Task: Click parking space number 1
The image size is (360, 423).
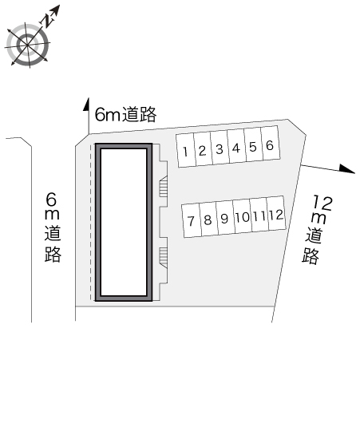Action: point(186,151)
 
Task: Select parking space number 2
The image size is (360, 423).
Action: point(203,149)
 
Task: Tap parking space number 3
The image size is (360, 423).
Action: point(220,148)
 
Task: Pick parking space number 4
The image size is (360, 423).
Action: point(236,147)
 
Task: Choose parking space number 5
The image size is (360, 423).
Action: point(253,146)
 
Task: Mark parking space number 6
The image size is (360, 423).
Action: point(270,144)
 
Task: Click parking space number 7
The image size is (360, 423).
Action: point(192,220)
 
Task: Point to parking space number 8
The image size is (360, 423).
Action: point(208,219)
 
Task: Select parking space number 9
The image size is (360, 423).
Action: point(225,218)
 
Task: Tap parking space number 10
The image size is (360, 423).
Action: point(242,216)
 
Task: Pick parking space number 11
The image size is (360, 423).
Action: point(259,215)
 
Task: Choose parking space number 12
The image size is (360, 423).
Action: point(276,214)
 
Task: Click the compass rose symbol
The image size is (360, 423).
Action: point(27,45)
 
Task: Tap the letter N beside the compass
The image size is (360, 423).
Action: point(48,21)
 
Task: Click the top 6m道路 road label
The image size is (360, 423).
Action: point(125,115)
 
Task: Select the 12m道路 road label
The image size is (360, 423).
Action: point(315,229)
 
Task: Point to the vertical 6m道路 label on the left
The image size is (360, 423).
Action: point(53,227)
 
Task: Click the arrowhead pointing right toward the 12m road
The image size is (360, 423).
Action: point(347,168)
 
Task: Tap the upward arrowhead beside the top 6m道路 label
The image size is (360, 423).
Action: point(86,104)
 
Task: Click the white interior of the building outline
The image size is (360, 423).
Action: point(124,222)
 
